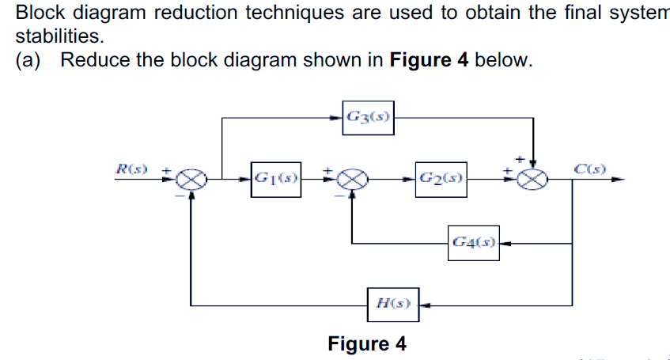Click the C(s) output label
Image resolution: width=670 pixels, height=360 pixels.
(x=590, y=168)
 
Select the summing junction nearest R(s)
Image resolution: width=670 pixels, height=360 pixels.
(x=190, y=180)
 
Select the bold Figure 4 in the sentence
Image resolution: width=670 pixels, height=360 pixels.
(x=430, y=60)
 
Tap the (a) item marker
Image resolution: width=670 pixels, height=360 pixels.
(x=31, y=60)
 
